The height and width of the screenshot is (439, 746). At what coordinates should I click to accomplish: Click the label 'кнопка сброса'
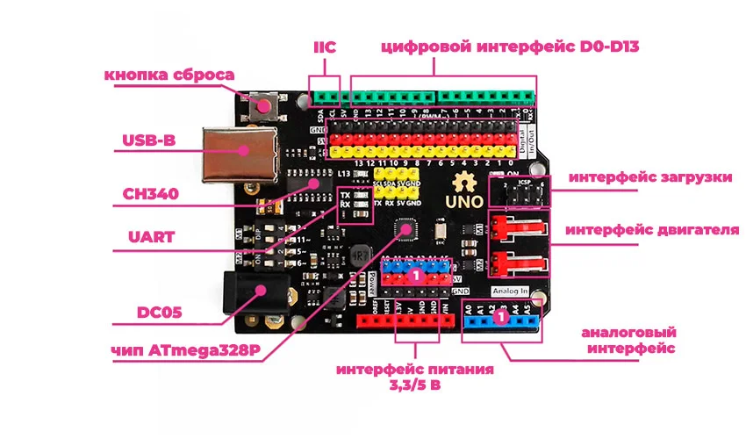[169, 75]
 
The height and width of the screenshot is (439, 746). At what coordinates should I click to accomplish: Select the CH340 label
[147, 193]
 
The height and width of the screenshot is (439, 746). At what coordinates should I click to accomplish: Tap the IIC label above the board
[325, 46]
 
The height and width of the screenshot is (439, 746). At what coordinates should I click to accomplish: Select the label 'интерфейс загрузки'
[649, 177]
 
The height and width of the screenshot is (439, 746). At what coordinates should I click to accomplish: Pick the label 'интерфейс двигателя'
[649, 230]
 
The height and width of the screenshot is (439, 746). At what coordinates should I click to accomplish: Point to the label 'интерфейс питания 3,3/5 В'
[415, 378]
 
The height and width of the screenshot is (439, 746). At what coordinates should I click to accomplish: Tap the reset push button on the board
[262, 107]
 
